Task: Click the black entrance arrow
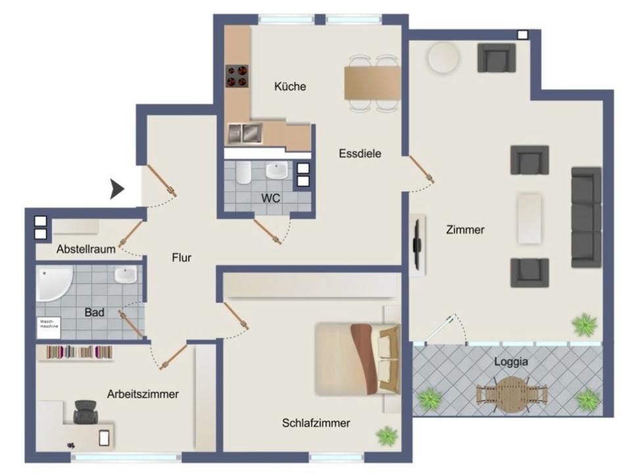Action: (x=116, y=189)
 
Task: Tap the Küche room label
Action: (x=290, y=87)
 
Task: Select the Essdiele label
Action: (x=360, y=153)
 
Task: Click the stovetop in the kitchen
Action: (x=237, y=76)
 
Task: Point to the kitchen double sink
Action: (x=245, y=133)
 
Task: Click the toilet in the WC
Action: (x=243, y=173)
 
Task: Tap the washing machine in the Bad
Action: (x=49, y=328)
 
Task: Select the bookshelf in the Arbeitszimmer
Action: (x=80, y=352)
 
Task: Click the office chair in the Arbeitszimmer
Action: (x=85, y=412)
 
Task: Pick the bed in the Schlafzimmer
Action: (x=358, y=359)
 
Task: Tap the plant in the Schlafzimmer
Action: (x=387, y=436)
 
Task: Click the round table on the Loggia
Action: (x=511, y=394)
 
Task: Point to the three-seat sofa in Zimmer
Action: (x=586, y=218)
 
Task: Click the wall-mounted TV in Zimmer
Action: (x=418, y=245)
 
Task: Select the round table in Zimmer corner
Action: (x=443, y=59)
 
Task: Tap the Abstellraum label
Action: (x=86, y=249)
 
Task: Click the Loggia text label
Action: (x=511, y=362)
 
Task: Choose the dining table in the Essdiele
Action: (x=373, y=83)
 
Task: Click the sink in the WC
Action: (x=277, y=170)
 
